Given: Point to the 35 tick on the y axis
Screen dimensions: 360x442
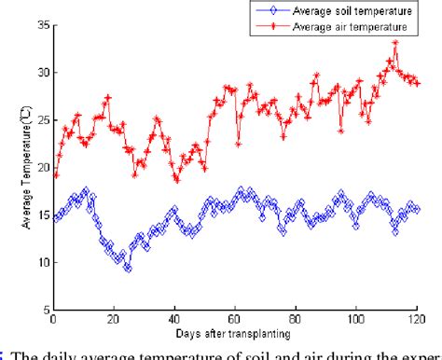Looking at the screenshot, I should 40,25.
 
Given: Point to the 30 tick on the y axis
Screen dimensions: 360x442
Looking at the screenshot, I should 40,73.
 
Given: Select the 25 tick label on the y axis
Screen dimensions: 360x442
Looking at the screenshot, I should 40,120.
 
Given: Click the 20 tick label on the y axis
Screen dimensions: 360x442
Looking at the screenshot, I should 40,168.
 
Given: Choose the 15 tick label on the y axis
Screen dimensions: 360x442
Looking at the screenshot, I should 40,215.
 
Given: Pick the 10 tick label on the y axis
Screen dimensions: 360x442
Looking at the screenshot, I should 40,263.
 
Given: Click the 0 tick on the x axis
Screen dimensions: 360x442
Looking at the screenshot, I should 53,320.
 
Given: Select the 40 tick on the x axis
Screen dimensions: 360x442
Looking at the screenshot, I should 174,320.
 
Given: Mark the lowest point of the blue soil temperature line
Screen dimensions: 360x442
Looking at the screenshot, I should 128,269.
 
